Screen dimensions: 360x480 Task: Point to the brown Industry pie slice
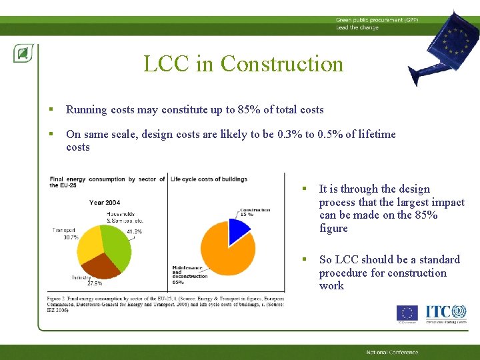102,266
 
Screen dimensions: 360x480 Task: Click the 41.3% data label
134,231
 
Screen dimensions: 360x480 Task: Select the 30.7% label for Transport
71,237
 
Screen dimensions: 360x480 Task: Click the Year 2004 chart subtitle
105,202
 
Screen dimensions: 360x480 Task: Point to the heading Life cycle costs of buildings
209,179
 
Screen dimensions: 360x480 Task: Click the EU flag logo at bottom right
407,313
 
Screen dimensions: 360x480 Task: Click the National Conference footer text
392,352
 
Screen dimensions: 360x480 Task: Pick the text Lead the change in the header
357,27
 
